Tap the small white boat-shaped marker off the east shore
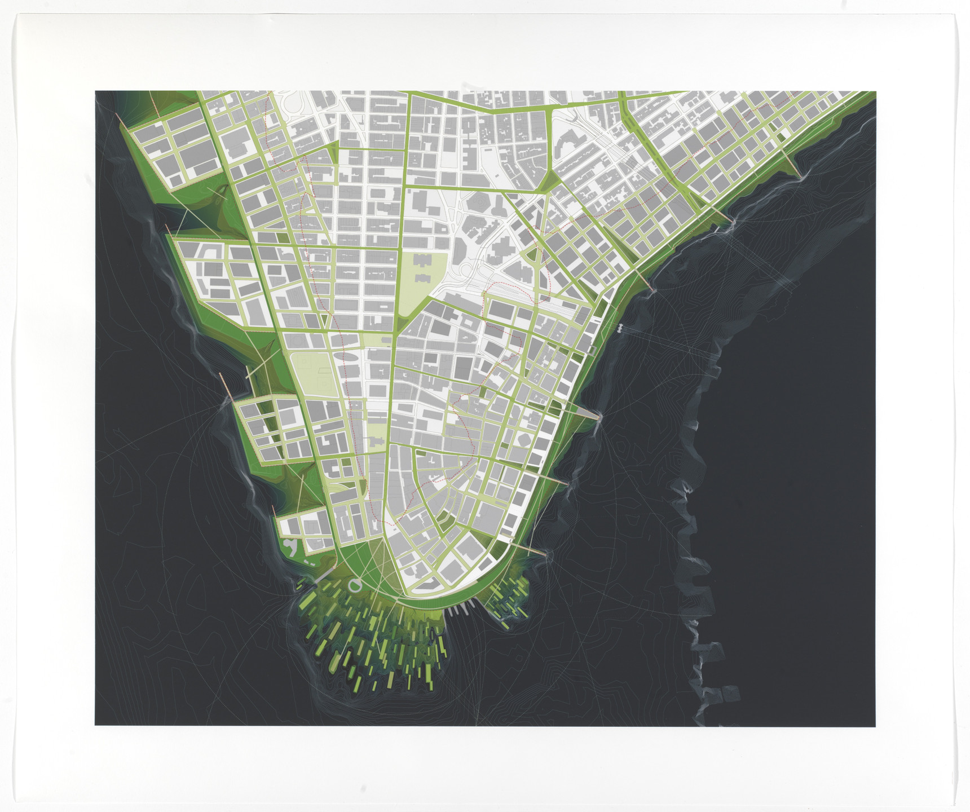click(x=620, y=328)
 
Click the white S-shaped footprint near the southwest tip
click(x=291, y=546)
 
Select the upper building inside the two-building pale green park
click(x=422, y=261)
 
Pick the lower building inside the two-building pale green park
click(x=422, y=279)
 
